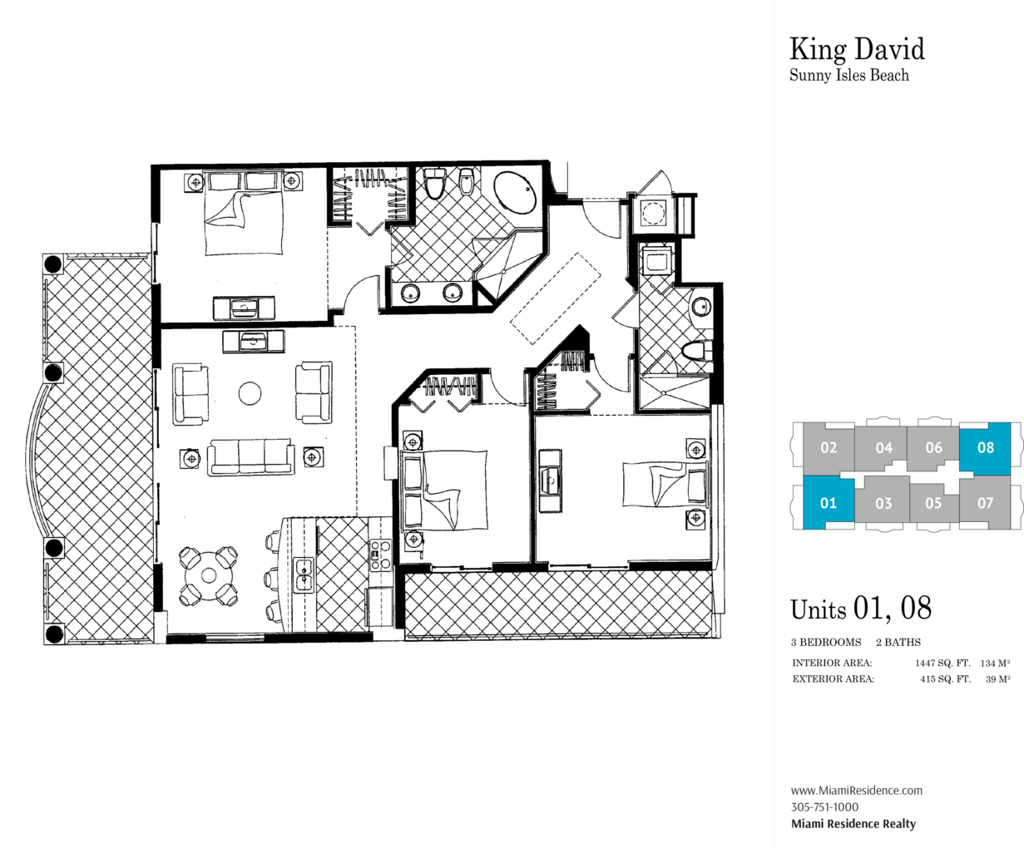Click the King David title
point(857,51)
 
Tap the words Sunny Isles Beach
point(849,76)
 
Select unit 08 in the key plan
point(985,448)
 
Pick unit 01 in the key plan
point(829,503)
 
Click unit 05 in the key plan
point(933,504)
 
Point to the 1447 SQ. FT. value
point(942,663)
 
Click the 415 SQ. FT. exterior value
point(945,679)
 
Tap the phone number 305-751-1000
point(824,806)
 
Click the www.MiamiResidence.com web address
point(856,790)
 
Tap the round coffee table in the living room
point(250,393)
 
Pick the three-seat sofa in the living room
point(251,457)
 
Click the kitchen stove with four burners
point(381,555)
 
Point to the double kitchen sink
point(304,575)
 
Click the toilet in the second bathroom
point(697,352)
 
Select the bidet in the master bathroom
point(465,181)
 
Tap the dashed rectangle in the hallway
point(556,299)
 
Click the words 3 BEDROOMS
point(826,642)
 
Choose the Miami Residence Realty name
point(853,824)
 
